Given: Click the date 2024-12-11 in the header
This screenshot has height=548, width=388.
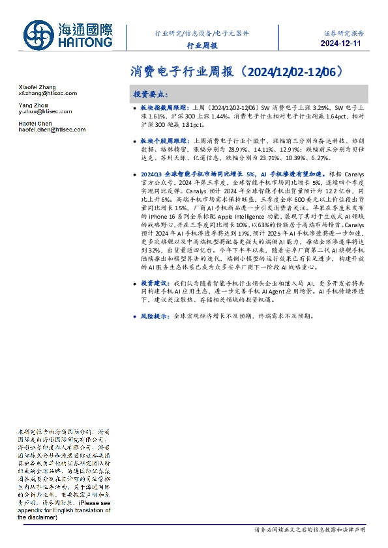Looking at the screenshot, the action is click(342, 44).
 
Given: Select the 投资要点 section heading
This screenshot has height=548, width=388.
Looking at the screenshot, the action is click(151, 94).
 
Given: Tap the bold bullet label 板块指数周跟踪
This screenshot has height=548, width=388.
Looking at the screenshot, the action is click(162, 106).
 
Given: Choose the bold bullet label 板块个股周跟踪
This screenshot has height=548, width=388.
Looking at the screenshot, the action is click(162, 141).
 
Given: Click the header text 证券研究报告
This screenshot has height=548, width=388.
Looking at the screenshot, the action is click(343, 32).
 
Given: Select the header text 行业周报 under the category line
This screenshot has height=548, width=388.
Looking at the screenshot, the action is click(202, 46).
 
